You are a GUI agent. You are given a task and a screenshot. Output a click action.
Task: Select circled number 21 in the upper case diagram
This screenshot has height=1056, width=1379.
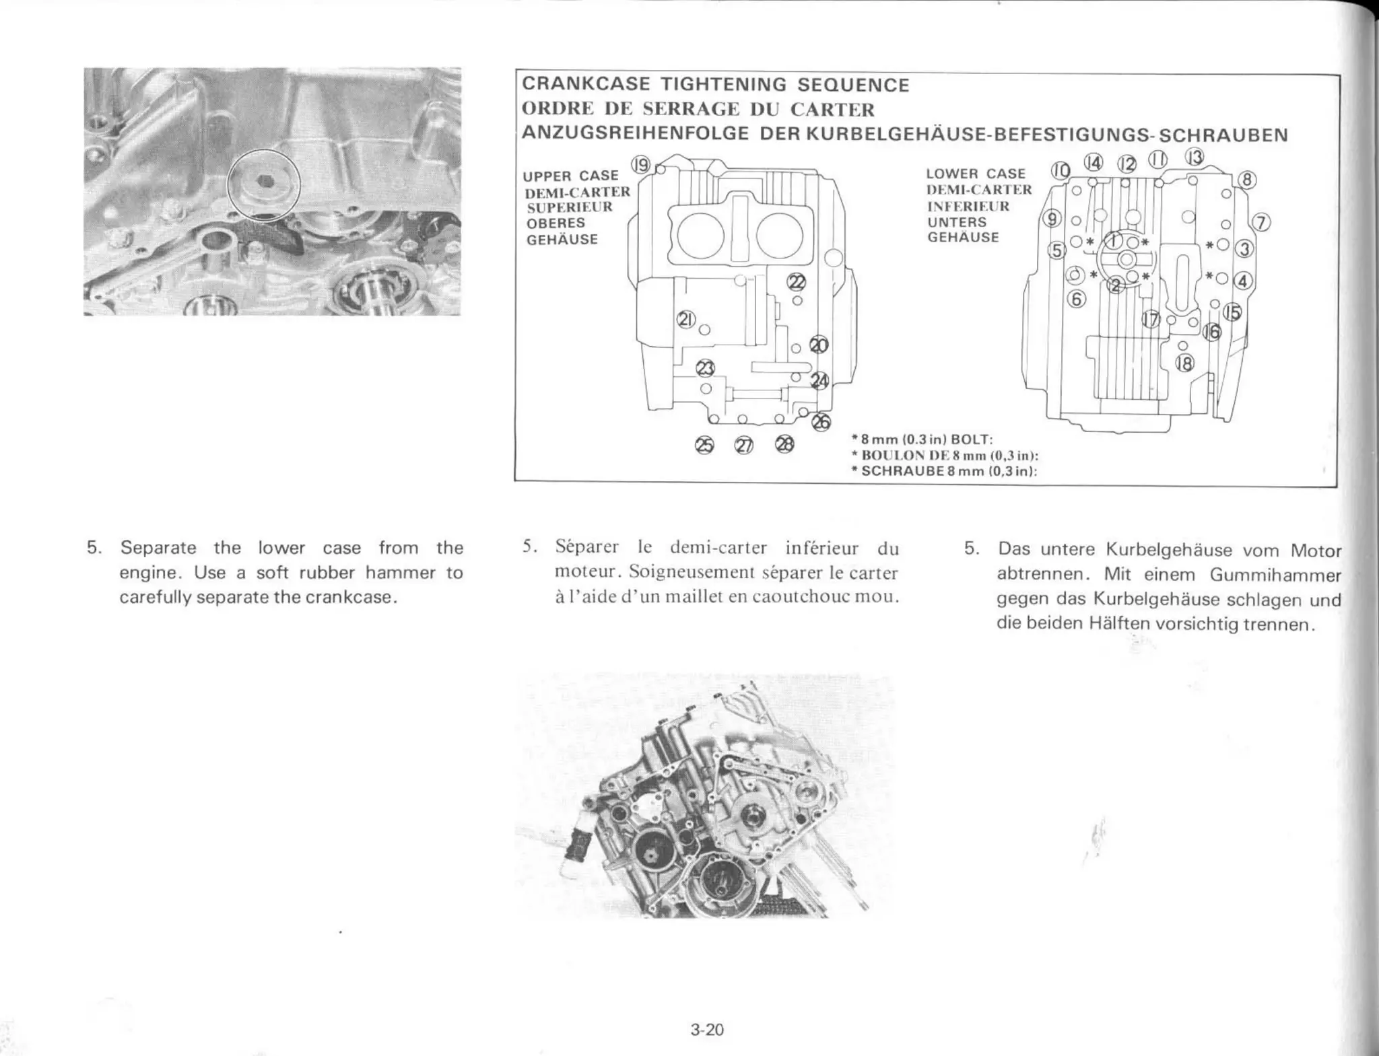[x=686, y=320]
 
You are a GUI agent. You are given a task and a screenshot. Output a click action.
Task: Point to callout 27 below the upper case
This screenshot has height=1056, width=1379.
[x=743, y=446]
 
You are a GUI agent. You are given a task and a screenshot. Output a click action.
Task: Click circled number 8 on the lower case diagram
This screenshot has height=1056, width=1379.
[x=1246, y=180]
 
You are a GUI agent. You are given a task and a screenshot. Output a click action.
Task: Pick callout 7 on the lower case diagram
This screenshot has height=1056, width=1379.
[x=1260, y=223]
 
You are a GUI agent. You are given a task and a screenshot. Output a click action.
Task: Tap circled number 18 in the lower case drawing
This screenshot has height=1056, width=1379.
[x=1184, y=363]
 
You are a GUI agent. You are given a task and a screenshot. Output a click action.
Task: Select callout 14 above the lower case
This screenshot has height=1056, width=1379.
[x=1094, y=162]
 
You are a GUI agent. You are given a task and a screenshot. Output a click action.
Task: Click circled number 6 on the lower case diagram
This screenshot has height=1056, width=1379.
[x=1077, y=299]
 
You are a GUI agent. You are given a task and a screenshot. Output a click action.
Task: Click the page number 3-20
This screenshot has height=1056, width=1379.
[x=706, y=1028]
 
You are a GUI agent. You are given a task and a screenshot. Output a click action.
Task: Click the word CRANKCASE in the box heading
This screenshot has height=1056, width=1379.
[x=586, y=85]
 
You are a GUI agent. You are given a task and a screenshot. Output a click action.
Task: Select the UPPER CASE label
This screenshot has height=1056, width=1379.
[x=570, y=176]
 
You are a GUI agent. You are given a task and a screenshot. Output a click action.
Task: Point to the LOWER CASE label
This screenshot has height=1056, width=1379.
[x=976, y=174]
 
